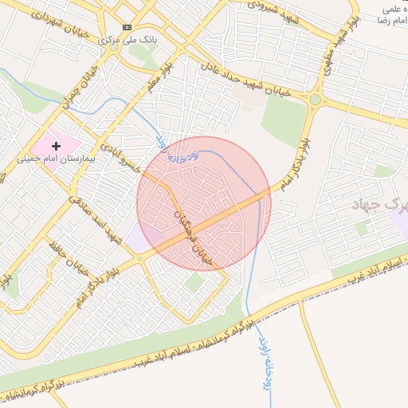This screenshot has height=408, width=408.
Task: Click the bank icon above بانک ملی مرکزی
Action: [127, 26]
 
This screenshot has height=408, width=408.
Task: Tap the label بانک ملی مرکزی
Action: [127, 38]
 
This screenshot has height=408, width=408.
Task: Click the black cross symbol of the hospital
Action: [56, 146]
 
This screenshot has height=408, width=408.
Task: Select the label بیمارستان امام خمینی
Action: [56, 159]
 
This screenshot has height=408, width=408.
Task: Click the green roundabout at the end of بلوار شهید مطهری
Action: [316, 99]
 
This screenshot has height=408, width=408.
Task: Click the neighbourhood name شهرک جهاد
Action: [381, 204]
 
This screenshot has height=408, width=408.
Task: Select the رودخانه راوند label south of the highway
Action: [261, 363]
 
